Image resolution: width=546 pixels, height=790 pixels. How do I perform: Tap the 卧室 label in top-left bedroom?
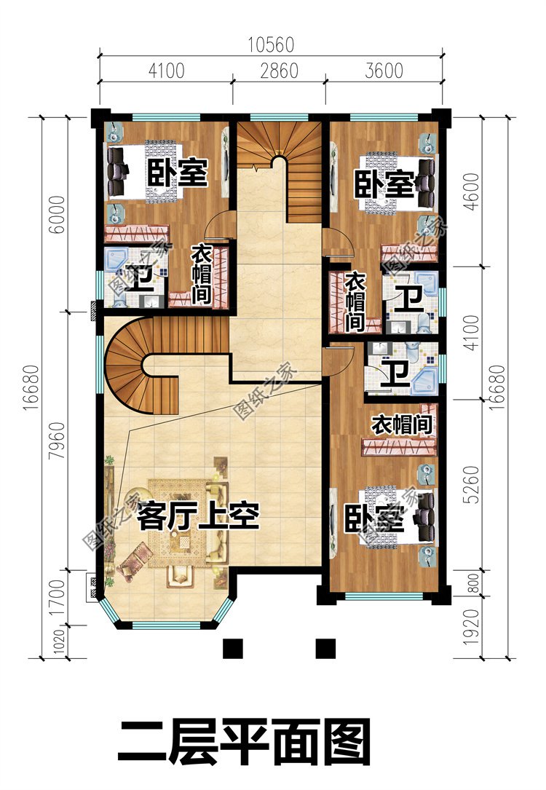point(178,173)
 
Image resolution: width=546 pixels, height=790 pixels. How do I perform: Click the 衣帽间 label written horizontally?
point(403,424)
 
